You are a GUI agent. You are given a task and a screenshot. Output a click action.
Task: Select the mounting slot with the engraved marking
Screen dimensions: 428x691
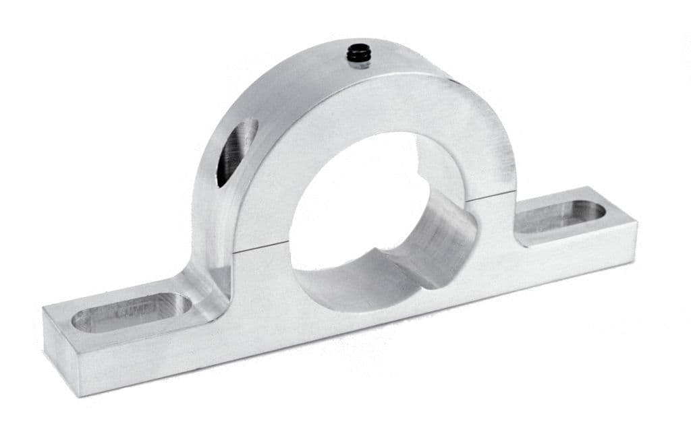coord(132,311)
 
